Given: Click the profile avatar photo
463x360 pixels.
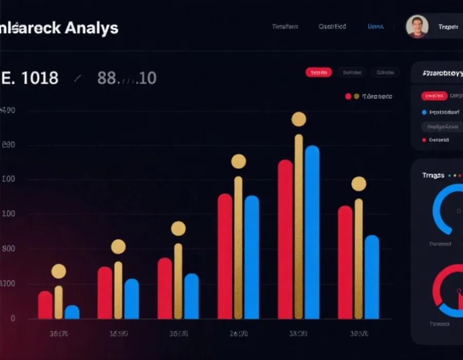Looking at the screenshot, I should [x=417, y=26].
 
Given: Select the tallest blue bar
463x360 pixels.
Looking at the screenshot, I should [x=312, y=231].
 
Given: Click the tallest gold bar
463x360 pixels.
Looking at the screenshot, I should [x=298, y=226].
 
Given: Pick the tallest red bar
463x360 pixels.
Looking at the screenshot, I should [x=285, y=239].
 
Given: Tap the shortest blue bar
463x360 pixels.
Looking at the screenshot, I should [x=72, y=312].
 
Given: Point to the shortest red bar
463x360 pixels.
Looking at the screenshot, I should [x=45, y=304].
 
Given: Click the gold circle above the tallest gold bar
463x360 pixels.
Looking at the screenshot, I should [x=298, y=119].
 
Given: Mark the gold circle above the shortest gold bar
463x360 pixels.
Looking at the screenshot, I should [x=59, y=271].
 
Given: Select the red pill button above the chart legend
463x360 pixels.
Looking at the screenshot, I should [x=318, y=73].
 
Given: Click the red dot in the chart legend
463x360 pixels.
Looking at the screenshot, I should [x=348, y=96].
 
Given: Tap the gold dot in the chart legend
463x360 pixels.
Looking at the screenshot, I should [x=357, y=96].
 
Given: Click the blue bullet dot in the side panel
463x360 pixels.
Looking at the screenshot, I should [x=424, y=112].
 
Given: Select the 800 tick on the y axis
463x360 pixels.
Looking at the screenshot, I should [x=9, y=248].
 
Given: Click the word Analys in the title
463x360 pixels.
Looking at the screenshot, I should [x=92, y=28].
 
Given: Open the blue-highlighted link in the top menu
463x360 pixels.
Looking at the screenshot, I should [x=375, y=26].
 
